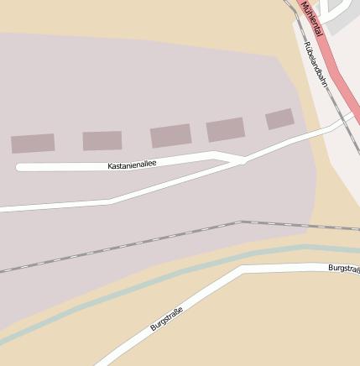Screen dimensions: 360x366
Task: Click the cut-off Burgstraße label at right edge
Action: [343, 269]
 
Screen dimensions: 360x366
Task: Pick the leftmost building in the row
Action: [33, 144]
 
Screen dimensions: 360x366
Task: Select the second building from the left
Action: [102, 140]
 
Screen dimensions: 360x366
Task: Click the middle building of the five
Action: [170, 136]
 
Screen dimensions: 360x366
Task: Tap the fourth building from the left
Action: [226, 130]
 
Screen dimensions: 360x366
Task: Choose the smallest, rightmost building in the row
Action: [279, 119]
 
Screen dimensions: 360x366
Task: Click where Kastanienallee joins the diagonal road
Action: [242, 159]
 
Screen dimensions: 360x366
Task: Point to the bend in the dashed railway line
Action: [242, 222]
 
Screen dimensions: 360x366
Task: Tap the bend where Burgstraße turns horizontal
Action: [243, 269]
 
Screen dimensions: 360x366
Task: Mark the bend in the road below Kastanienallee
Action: [112, 201]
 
